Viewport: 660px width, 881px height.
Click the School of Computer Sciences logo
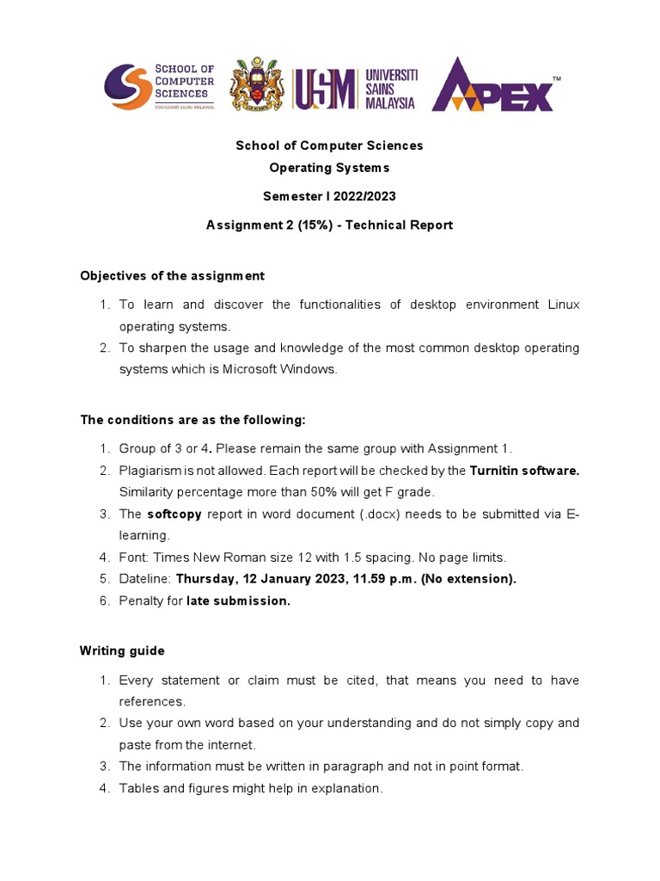[159, 86]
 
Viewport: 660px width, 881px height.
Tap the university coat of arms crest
[257, 86]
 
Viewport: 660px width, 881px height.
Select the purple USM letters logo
[326, 89]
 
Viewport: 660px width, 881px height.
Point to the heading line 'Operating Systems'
[329, 168]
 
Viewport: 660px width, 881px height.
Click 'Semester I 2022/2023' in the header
[329, 196]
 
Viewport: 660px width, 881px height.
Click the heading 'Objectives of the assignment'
[172, 276]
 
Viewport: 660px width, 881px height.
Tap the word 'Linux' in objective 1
[563, 305]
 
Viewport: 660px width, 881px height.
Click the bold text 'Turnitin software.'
[524, 471]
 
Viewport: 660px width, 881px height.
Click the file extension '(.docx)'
[381, 514]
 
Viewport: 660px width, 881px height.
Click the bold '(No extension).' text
[468, 579]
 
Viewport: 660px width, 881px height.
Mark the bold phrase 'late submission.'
[239, 601]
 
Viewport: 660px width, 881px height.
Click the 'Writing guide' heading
[122, 651]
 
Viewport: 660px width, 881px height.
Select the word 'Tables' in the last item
[137, 788]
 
